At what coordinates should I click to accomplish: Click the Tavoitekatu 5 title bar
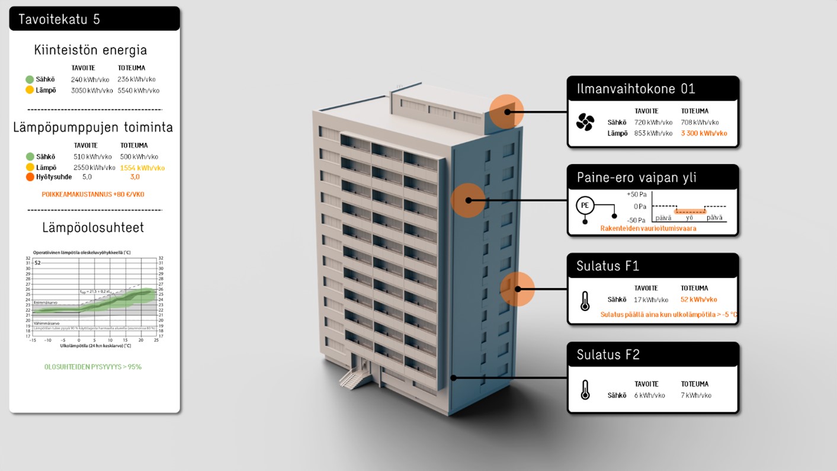pyautogui.click(x=94, y=19)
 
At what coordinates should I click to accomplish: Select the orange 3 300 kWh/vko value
pyautogui.click(x=704, y=133)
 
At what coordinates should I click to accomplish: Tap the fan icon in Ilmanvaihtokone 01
pyautogui.click(x=585, y=122)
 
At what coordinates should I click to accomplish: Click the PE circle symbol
pyautogui.click(x=585, y=206)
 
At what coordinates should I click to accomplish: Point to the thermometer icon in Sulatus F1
pyautogui.click(x=585, y=301)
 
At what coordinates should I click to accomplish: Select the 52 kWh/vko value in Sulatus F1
pyautogui.click(x=698, y=300)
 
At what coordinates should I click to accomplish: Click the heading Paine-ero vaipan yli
pyautogui.click(x=636, y=177)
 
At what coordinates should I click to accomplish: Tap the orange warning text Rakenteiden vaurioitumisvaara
pyautogui.click(x=648, y=228)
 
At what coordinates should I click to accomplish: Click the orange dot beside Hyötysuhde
pyautogui.click(x=30, y=177)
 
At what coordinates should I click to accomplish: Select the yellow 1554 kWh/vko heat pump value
pyautogui.click(x=142, y=168)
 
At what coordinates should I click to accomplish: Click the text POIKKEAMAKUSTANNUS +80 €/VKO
pyautogui.click(x=93, y=194)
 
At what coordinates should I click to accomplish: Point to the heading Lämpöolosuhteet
pyautogui.click(x=93, y=228)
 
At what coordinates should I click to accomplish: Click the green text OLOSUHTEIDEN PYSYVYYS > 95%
pyautogui.click(x=93, y=367)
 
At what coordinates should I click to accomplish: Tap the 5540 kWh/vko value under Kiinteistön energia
pyautogui.click(x=138, y=91)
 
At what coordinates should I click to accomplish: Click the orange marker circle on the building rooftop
pyautogui.click(x=506, y=111)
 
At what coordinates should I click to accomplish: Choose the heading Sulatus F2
pyautogui.click(x=608, y=355)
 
